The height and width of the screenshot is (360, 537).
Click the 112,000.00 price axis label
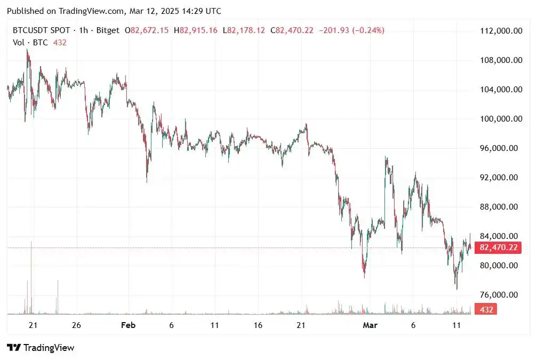[x=501, y=31]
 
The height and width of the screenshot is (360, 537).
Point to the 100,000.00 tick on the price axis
[x=501, y=119]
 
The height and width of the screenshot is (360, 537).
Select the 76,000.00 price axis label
[x=501, y=295]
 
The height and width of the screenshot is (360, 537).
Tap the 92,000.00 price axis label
[x=501, y=178]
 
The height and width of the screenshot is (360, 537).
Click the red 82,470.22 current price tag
[x=499, y=247]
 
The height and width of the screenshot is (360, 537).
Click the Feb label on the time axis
[x=127, y=325]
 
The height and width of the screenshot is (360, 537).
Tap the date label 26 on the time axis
[x=76, y=325]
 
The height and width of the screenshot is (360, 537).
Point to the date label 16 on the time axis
[x=258, y=325]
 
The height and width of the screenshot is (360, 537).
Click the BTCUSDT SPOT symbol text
[x=41, y=30]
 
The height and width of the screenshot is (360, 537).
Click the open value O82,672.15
[x=147, y=30]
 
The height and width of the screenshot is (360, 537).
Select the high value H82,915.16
[x=198, y=30]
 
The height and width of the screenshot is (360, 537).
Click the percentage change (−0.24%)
[x=367, y=30]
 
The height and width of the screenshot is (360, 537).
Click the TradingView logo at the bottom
[x=41, y=348]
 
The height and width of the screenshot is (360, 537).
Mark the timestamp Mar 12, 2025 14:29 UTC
[x=175, y=11]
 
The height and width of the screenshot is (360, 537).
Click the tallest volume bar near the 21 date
[x=31, y=277]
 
